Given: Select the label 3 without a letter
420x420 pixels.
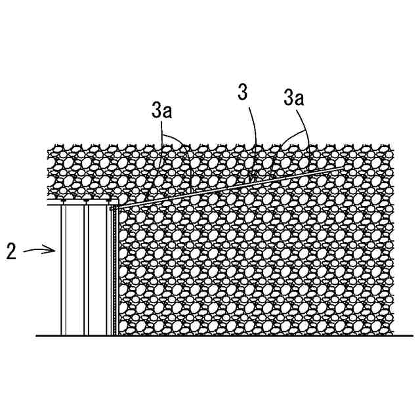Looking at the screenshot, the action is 243,93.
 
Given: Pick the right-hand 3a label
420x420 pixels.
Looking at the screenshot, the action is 293,98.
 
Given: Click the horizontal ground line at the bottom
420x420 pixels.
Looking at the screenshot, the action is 217,336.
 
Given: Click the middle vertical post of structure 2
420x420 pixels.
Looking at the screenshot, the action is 86,269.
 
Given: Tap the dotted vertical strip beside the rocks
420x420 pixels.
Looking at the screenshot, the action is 115,269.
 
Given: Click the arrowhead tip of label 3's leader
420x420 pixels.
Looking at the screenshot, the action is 251,180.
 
